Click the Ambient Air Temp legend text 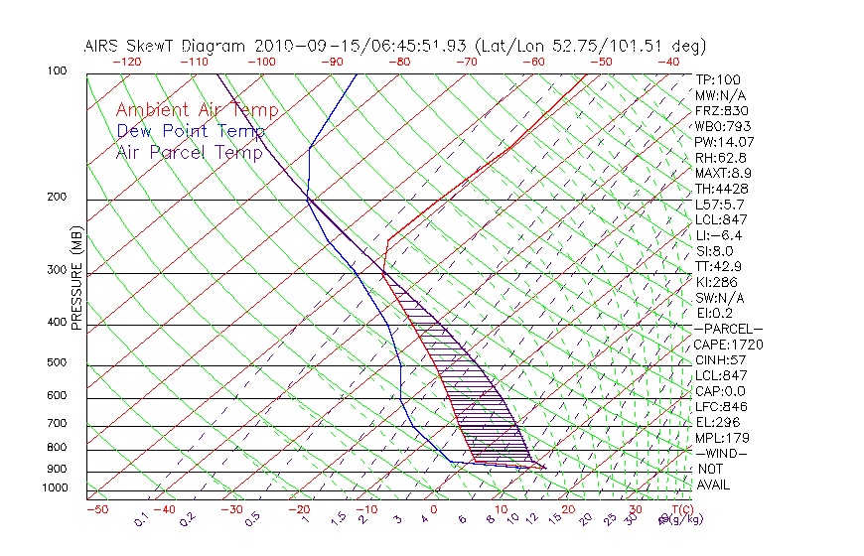coord(197,110)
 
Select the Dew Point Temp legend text coord(191,131)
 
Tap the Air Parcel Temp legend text coord(189,152)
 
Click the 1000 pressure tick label coord(57,488)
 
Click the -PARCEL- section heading coord(728,329)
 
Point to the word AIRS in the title coord(105,46)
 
